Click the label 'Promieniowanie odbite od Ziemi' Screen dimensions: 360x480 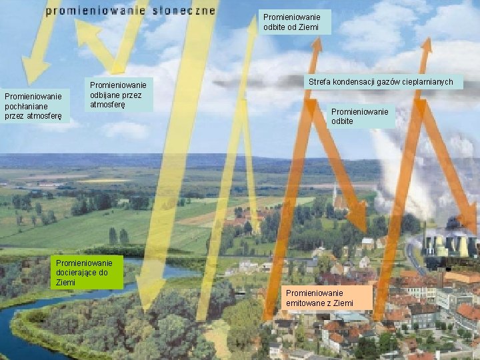click(x=291, y=22)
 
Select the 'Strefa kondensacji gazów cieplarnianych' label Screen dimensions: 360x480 click(x=380, y=82)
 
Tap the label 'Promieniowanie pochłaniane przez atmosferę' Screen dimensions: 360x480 click(x=34, y=107)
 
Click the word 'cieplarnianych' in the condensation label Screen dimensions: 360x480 click(x=428, y=82)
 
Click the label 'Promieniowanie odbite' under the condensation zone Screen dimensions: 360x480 click(x=360, y=117)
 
